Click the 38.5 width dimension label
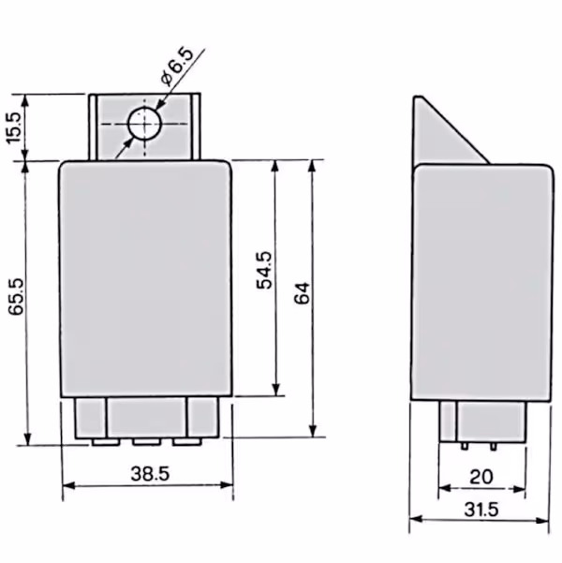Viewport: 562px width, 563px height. (150, 473)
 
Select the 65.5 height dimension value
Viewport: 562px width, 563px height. (16, 297)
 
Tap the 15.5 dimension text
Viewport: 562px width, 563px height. (15, 127)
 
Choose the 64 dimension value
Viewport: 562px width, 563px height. (302, 293)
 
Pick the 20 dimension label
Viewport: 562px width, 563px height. (481, 477)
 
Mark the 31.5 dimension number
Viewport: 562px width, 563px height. (481, 510)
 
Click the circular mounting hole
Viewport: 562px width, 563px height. (145, 123)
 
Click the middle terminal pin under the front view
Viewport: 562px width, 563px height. (146, 442)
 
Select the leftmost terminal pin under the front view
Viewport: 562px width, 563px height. (106, 442)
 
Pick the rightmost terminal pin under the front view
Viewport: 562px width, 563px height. (186, 442)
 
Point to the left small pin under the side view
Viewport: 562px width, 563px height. (465, 446)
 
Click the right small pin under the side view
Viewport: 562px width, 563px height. (494, 446)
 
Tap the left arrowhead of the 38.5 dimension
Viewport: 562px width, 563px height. (68, 486)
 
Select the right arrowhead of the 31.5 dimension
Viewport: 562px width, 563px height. (542, 520)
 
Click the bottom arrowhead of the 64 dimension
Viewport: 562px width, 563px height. (313, 431)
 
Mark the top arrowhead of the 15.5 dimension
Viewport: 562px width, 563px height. (24, 101)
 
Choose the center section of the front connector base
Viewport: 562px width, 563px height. (147, 418)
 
